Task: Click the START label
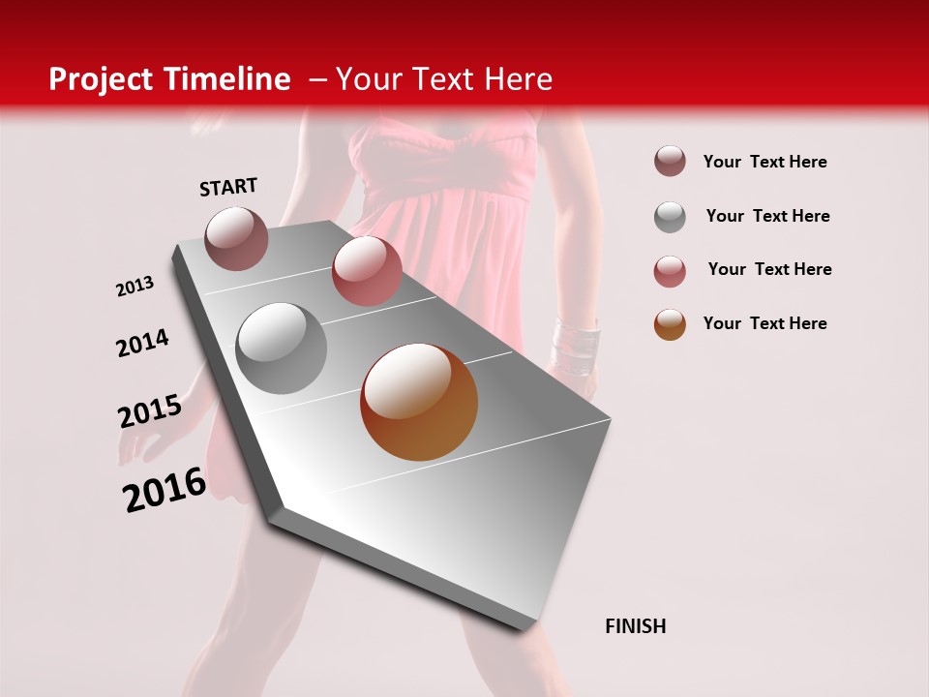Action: pyautogui.click(x=228, y=187)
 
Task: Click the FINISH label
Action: pyautogui.click(x=635, y=626)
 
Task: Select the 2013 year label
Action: pyautogui.click(x=135, y=287)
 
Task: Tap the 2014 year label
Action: pyautogui.click(x=142, y=343)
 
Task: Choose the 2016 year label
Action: pyautogui.click(x=165, y=489)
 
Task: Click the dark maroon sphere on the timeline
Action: pyautogui.click(x=236, y=238)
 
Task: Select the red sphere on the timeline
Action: pyautogui.click(x=367, y=271)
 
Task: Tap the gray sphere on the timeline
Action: pyautogui.click(x=282, y=348)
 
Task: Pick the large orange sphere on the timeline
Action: pyautogui.click(x=419, y=402)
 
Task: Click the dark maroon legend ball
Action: pyautogui.click(x=670, y=161)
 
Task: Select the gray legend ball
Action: pyautogui.click(x=670, y=216)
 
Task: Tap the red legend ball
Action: pyautogui.click(x=670, y=270)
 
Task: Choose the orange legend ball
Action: pyautogui.click(x=670, y=324)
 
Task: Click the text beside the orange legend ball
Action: pyautogui.click(x=764, y=323)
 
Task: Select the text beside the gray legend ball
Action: pyautogui.click(x=767, y=216)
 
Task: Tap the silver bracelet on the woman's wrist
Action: pyautogui.click(x=574, y=344)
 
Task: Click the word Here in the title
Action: pyautogui.click(x=518, y=79)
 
